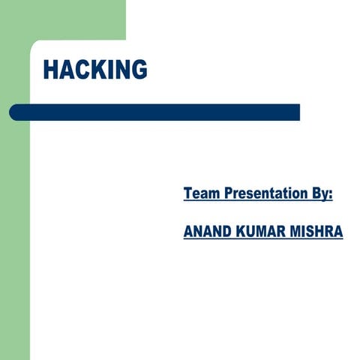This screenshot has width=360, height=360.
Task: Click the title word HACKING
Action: pos(94,69)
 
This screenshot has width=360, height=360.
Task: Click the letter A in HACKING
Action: pos(65,69)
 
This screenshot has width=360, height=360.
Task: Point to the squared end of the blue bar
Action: pos(297,112)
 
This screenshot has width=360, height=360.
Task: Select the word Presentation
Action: pos(262,194)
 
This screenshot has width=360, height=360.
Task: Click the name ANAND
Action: pos(208,232)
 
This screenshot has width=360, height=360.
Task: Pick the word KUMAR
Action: pos(263,232)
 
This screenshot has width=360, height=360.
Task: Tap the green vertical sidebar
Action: pos(14,225)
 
